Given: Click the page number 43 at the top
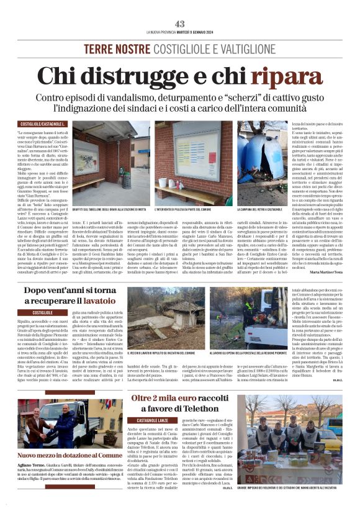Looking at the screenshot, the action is tap(179, 24).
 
